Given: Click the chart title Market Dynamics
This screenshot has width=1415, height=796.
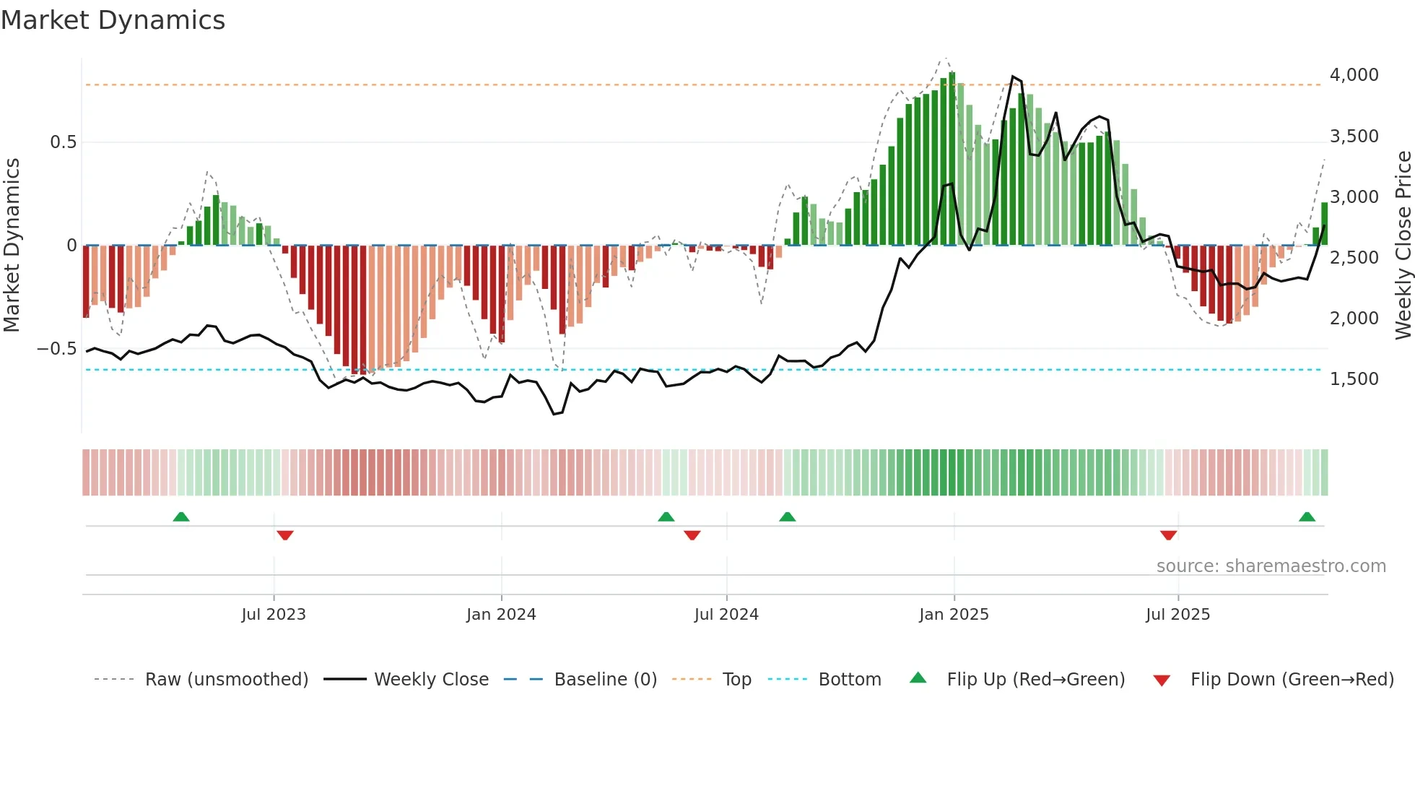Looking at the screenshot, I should point(113,20).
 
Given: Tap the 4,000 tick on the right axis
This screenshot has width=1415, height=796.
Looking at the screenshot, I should point(1354,75).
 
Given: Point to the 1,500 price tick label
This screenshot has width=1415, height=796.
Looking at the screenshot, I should point(1354,379).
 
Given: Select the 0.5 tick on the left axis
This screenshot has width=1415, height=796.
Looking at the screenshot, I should point(64,142).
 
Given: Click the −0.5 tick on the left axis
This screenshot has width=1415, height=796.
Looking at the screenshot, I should point(57,349).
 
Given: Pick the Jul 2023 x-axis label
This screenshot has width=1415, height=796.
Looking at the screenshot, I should point(274,615).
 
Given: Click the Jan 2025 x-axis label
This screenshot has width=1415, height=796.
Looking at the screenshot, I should point(954,615).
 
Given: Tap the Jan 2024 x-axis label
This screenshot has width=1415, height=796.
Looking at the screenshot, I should point(501,615).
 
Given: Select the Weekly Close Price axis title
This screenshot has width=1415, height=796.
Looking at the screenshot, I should point(1403,246).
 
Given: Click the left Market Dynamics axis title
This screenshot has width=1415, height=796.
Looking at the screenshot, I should point(12,246).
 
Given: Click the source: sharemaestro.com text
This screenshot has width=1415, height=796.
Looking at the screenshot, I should point(1271,566).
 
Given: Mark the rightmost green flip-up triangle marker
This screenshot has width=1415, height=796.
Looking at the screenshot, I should point(1307,517).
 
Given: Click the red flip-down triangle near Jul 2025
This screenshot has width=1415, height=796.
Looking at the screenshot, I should point(1169,535).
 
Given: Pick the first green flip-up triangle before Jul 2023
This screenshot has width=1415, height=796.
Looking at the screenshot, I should point(181,517).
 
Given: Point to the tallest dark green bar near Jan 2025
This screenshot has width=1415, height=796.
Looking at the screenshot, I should point(952,159).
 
